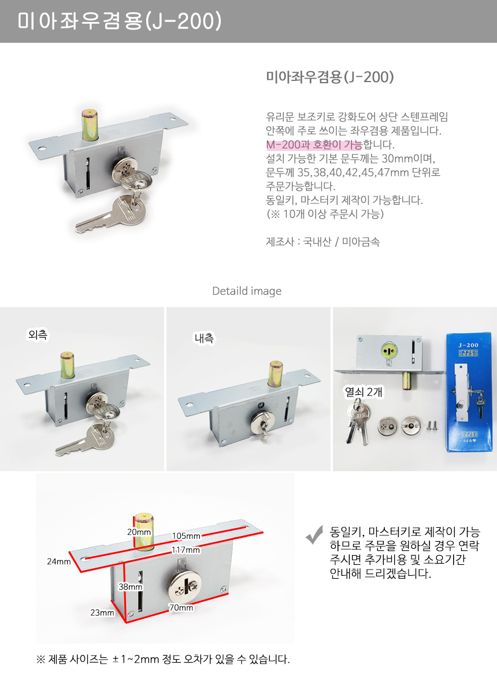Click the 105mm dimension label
pyautogui.click(x=186, y=535)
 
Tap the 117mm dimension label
pyautogui.click(x=186, y=550)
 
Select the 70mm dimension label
pyautogui.click(x=181, y=607)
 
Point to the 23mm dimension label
pyautogui.click(x=102, y=612)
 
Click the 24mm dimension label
pyautogui.click(x=59, y=561)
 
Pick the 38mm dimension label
pyautogui.click(x=130, y=586)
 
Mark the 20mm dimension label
pyautogui.click(x=139, y=532)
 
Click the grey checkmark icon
pyautogui.click(x=314, y=534)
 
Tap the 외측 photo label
pyautogui.click(x=38, y=334)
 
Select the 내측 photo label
pyautogui.click(x=205, y=338)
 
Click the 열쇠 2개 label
pyautogui.click(x=363, y=391)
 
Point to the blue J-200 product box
pyautogui.click(x=469, y=392)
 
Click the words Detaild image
pyautogui.click(x=247, y=291)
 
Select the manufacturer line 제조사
pyautogui.click(x=322, y=242)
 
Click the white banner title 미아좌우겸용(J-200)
pyautogui.click(x=119, y=21)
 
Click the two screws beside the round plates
pyautogui.click(x=431, y=426)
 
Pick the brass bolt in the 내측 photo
pyautogui.click(x=276, y=374)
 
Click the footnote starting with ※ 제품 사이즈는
pyautogui.click(x=163, y=659)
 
